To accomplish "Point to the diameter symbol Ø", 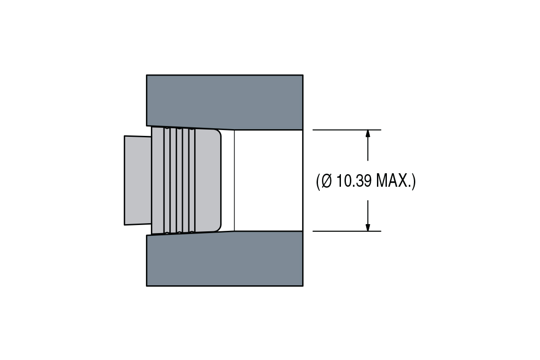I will [326, 181].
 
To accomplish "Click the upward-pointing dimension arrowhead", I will [368, 134].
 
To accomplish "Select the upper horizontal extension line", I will [347, 130].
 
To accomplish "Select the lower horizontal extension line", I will [347, 231].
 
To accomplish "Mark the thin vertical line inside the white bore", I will [235, 180].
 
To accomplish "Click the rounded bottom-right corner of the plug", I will [218, 229].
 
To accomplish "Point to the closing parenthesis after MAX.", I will [414, 181].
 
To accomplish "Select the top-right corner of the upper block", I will [303, 75].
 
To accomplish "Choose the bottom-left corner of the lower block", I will [147, 286].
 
